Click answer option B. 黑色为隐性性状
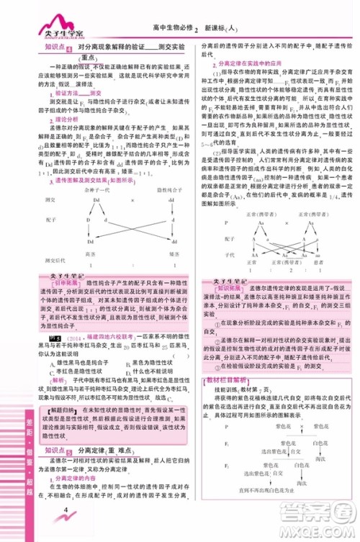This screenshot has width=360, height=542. coord(137,362)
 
